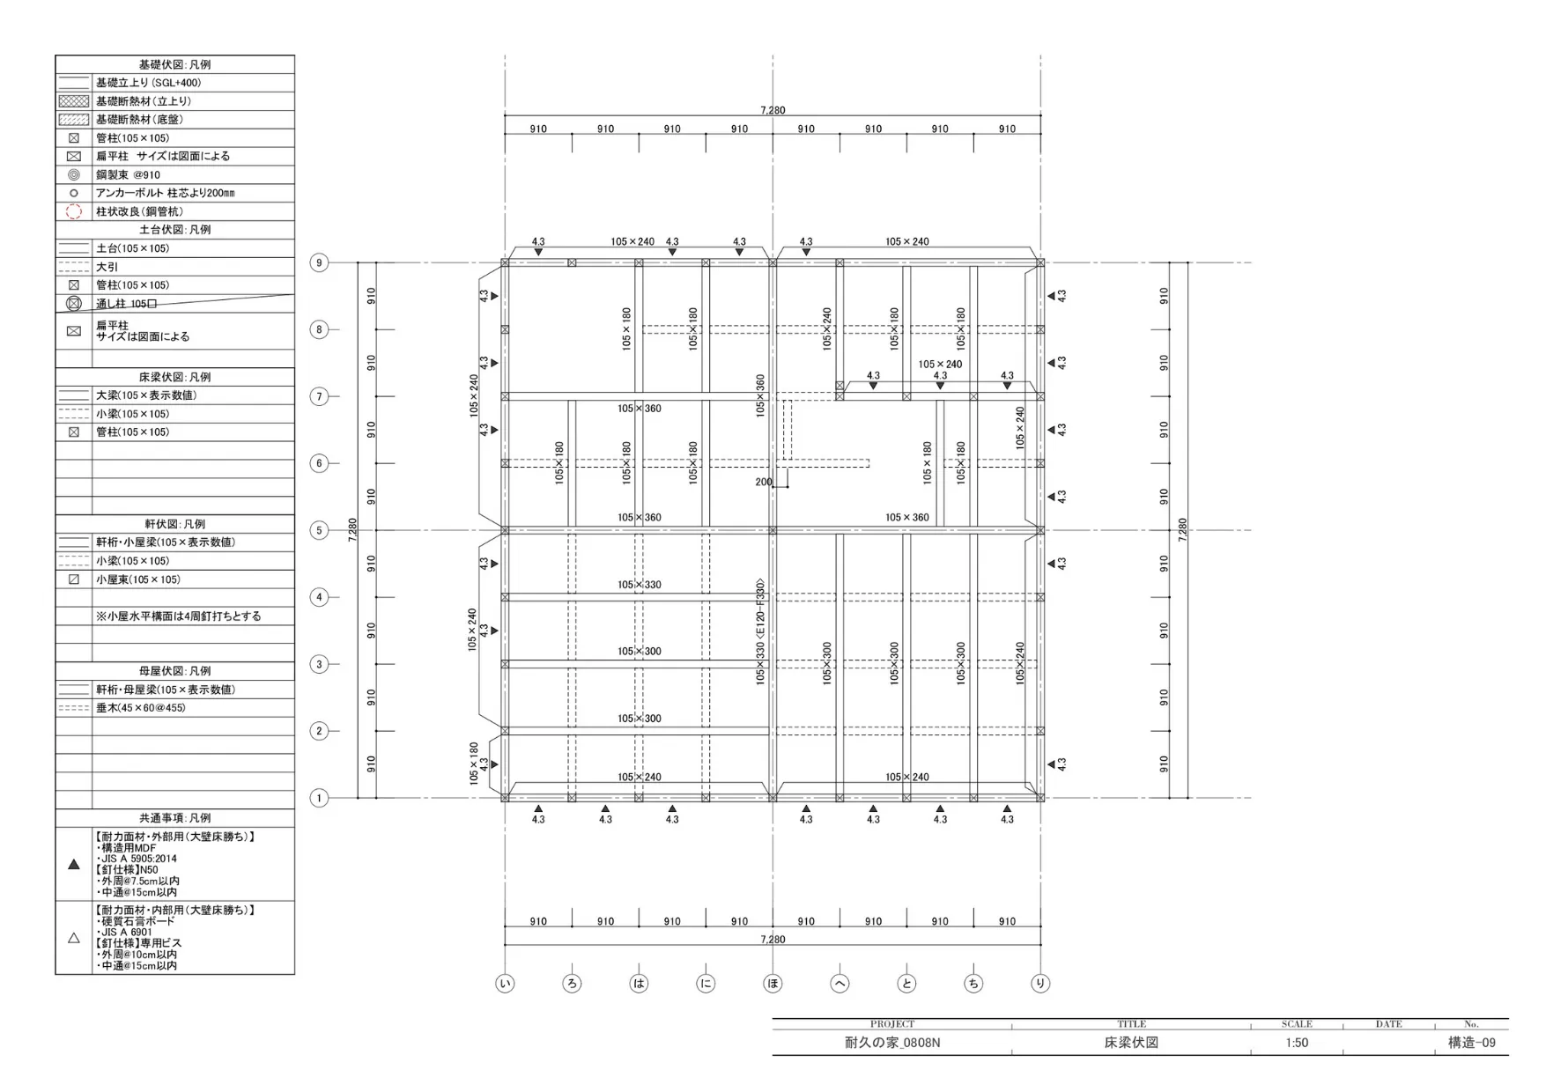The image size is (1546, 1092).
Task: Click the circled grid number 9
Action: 319,262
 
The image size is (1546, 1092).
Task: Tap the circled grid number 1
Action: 319,798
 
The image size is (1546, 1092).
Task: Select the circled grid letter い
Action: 505,984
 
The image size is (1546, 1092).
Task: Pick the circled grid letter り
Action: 1040,984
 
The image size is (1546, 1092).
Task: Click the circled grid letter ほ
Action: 773,984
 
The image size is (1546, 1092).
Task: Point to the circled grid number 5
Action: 319,530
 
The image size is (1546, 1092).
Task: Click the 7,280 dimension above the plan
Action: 773,110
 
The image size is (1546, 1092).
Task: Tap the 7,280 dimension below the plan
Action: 773,940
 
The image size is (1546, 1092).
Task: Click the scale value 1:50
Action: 1297,1043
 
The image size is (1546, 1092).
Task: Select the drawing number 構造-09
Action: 1472,1043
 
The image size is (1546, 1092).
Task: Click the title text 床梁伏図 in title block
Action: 1132,1043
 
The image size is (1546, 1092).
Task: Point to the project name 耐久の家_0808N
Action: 892,1043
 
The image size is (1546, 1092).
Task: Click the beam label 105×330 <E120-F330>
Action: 760,631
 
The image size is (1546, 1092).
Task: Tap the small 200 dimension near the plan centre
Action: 764,482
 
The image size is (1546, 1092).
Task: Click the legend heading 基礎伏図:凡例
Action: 174,64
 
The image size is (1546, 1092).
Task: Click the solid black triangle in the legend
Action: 74,864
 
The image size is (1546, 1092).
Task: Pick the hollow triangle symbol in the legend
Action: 74,938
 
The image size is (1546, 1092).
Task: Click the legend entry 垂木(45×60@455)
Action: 141,708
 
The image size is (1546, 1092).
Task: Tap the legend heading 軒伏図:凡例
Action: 174,524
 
